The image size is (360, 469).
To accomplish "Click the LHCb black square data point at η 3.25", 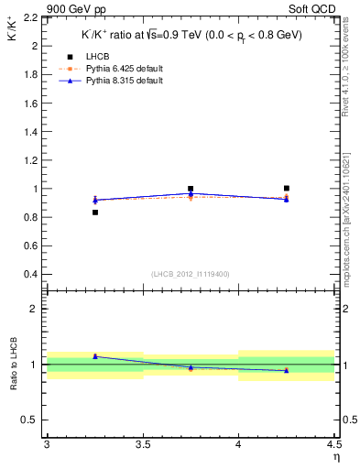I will [94, 213].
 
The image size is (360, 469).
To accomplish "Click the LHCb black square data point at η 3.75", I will [191, 189].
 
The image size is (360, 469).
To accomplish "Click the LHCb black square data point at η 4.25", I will [287, 188].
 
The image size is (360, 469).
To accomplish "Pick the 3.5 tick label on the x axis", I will [143, 445].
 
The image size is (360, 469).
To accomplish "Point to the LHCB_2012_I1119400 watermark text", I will [191, 274].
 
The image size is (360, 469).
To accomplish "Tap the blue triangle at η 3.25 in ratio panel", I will [94, 355].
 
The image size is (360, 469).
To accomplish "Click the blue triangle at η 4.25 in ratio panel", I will [287, 370].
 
